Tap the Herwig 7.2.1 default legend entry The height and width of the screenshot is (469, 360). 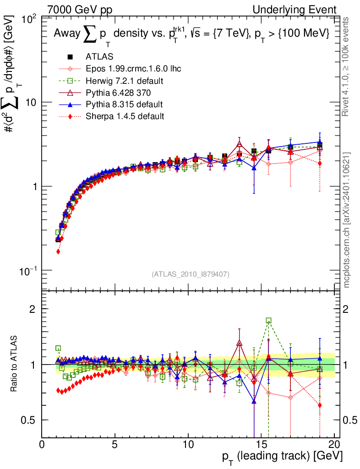[125, 81]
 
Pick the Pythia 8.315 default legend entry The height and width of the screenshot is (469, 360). [124, 104]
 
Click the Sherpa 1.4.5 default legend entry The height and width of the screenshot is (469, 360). [125, 116]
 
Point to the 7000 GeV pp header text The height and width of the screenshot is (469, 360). [79, 10]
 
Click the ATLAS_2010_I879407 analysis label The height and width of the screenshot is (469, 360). [191, 274]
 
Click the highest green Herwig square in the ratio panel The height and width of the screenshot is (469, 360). [269, 321]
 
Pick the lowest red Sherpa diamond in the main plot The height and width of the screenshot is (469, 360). [58, 251]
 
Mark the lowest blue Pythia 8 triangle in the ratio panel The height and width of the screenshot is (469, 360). [254, 402]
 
